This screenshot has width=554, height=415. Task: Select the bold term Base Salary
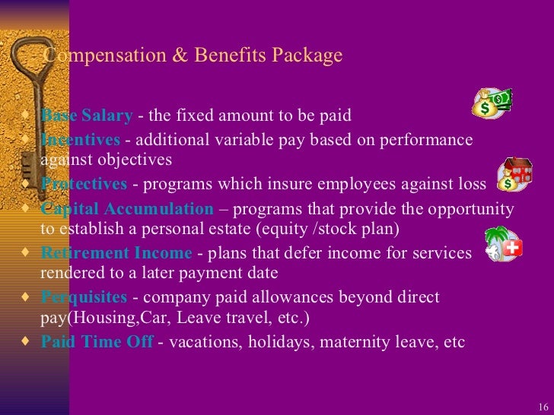tap(86, 116)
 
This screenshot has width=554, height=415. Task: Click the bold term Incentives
tap(80, 140)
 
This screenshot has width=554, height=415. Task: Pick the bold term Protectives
tap(84, 184)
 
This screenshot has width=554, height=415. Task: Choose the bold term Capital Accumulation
tap(127, 209)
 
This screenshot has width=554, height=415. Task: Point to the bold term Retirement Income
tap(116, 253)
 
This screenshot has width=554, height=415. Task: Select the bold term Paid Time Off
tap(97, 342)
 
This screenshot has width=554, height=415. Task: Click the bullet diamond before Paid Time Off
tap(28, 341)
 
